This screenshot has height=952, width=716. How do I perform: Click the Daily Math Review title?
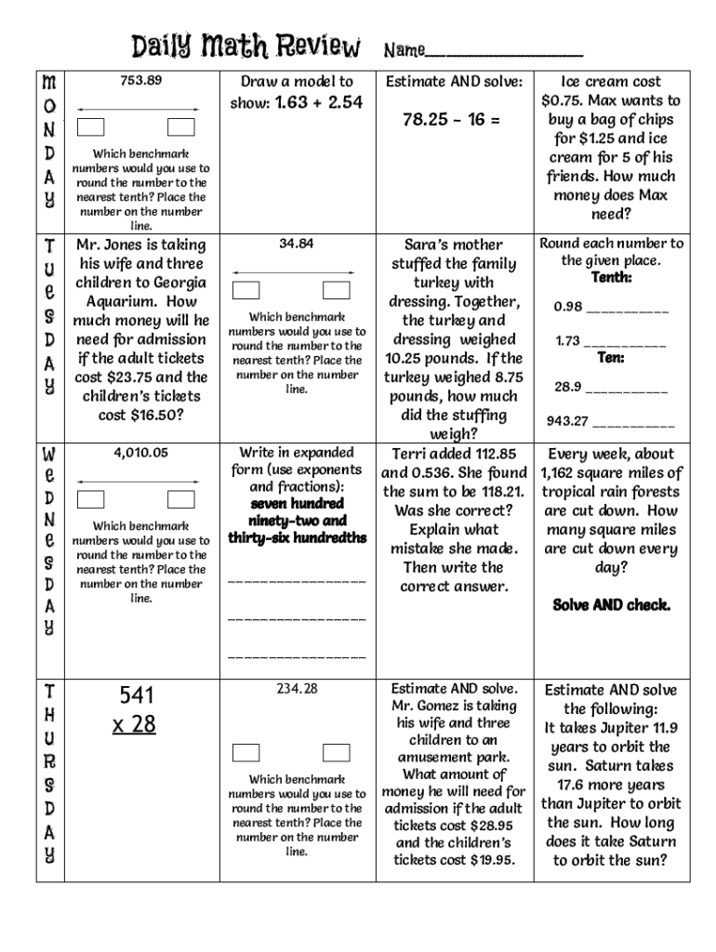pos(245,46)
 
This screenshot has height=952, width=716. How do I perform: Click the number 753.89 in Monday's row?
pos(140,80)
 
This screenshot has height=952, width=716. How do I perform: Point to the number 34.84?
pos(297,244)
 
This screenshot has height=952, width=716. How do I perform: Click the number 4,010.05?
pos(140,453)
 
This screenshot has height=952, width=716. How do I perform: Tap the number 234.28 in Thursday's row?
pos(297,689)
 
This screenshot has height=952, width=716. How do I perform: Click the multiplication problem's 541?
pos(136,695)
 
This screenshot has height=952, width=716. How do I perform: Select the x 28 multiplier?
pos(134,723)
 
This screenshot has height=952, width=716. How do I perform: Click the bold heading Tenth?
pos(611,278)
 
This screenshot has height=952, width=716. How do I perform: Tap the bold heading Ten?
pos(610,358)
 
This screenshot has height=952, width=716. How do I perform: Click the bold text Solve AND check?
pos(611,605)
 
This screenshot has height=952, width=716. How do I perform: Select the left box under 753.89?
pos(91,127)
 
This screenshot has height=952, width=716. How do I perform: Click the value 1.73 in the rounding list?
pos(567,341)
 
